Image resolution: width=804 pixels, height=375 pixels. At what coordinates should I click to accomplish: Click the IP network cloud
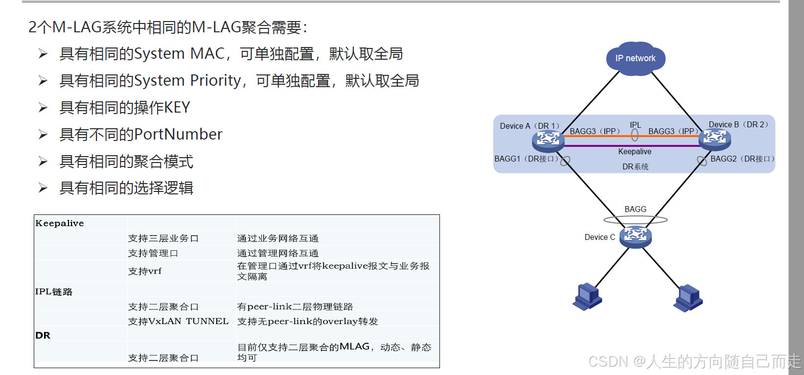[x=635, y=59]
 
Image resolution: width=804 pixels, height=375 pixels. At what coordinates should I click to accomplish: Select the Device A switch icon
[x=548, y=141]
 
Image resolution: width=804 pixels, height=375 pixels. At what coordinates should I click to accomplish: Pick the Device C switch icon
[x=635, y=236]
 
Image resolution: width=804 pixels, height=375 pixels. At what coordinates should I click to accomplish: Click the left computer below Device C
[x=587, y=297]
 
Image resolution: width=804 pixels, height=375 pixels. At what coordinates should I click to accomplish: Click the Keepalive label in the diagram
[x=635, y=152]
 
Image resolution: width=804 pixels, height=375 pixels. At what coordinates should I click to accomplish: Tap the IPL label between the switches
[x=635, y=125]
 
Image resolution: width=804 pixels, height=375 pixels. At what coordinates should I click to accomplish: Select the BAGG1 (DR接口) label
[x=527, y=159]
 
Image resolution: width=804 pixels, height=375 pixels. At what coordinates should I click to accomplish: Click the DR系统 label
[x=635, y=167]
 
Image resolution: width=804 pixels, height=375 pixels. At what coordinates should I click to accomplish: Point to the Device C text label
[x=599, y=237]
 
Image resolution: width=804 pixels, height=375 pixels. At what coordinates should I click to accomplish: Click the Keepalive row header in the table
[x=60, y=223]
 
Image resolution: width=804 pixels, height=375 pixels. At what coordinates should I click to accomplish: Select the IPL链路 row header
[x=54, y=292]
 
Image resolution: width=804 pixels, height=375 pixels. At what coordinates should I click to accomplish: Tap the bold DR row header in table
[x=43, y=335]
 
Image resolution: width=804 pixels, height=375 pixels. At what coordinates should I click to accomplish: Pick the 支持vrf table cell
[x=145, y=271]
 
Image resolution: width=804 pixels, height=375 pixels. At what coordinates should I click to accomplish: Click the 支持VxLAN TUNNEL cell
[x=179, y=322]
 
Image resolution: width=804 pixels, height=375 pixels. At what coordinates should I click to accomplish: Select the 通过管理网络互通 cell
[x=278, y=253]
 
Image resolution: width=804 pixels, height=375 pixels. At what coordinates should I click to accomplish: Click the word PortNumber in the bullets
[x=178, y=135]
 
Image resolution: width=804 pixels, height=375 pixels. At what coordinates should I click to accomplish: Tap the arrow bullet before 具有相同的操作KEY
[x=43, y=108]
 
